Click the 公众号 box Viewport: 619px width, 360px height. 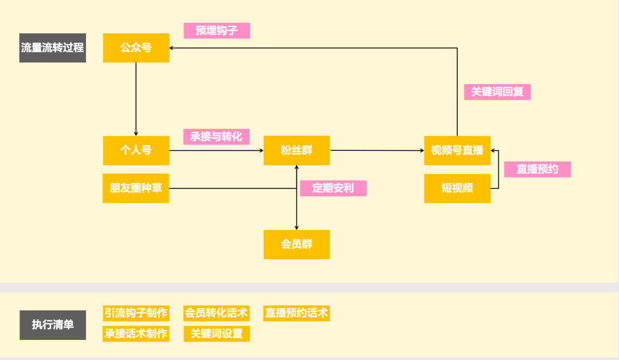tap(136, 48)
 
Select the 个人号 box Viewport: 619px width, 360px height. tap(136, 150)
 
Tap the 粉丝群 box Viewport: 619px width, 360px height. tap(296, 150)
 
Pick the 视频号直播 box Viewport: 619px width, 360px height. tap(457, 150)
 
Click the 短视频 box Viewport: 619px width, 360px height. tap(457, 188)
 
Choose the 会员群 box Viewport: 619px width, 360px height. tap(296, 244)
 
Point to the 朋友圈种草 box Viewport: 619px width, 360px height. tap(136, 188)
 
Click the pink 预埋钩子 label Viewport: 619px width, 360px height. tap(217, 30)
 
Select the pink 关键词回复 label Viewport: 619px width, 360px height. tap(497, 92)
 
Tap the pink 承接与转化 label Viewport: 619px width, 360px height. tap(217, 136)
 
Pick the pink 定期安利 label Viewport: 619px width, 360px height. tap(333, 188)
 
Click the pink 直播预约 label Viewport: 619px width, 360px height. tap(537, 169)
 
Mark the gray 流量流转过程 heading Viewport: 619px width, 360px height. tap(53, 48)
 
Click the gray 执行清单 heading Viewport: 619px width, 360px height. tap(53, 324)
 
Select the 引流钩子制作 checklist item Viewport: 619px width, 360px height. tap(136, 313)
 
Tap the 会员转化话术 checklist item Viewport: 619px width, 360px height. tap(217, 313)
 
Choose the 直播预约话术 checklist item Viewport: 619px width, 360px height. tap(296, 313)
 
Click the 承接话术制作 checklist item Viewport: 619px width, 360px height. tap(136, 334)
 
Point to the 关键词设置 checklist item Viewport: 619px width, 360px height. tap(217, 334)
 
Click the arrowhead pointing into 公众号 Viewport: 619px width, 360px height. tap(173, 48)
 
